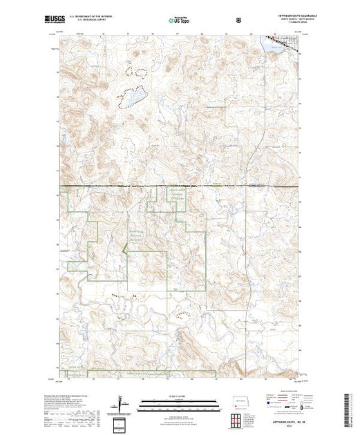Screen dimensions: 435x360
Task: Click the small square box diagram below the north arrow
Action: tap(122, 423)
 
